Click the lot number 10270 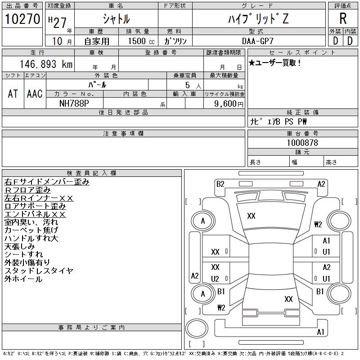22,19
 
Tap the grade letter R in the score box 343,18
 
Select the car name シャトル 116,19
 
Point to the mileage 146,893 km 46,64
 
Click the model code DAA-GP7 258,41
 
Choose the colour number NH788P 74,103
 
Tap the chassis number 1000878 302,143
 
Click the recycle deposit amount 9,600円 229,104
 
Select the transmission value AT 13,94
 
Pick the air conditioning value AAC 35,94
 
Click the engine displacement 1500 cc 141,41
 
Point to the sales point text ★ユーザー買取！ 274,63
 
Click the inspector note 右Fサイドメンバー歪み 47,182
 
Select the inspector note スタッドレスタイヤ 39,271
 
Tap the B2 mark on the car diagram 220,184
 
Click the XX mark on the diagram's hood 251,216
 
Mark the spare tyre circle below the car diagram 197,328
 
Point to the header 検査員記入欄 91,173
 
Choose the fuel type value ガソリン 175,41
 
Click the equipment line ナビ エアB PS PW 278,121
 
